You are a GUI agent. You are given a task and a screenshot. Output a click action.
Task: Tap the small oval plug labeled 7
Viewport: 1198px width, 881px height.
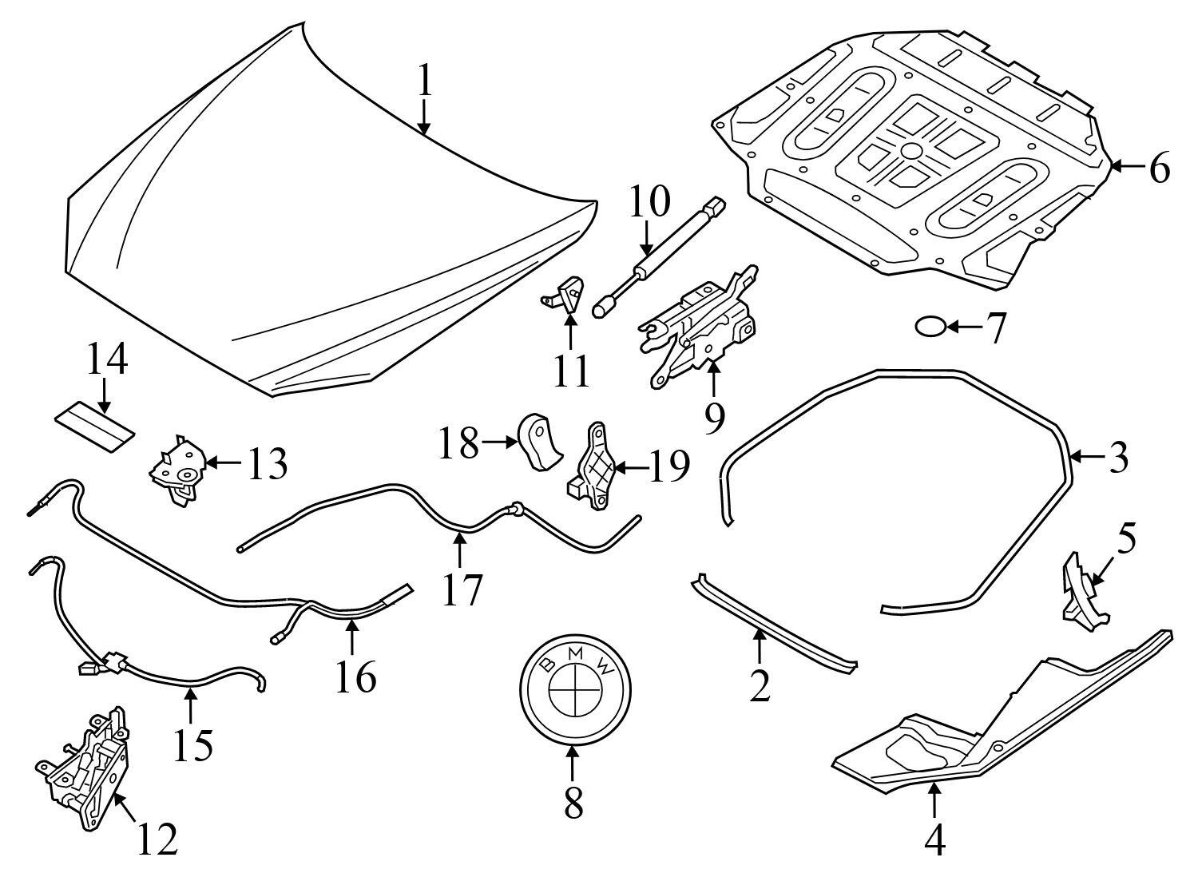tap(930, 327)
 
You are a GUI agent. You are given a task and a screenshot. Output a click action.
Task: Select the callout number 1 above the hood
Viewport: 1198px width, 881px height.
tap(424, 81)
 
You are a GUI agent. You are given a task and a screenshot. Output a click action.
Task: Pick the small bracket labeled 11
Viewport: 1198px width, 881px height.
tap(569, 296)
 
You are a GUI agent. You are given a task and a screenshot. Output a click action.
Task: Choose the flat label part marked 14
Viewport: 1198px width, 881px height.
tap(94, 423)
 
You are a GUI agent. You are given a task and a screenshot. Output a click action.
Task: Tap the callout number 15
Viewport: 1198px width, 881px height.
tap(192, 744)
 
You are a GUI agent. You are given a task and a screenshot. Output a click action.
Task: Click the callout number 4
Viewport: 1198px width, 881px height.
tap(934, 839)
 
